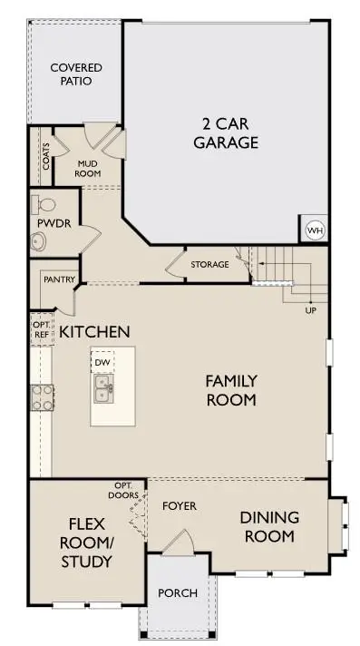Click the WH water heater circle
pyautogui.click(x=315, y=230)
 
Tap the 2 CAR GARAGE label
pyautogui.click(x=230, y=133)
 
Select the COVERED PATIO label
pyautogui.click(x=75, y=74)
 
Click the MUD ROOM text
pyautogui.click(x=87, y=168)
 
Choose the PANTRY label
pyautogui.click(x=59, y=279)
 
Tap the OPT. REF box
pyautogui.click(x=42, y=328)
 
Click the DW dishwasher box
pyautogui.click(x=102, y=363)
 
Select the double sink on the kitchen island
pyautogui.click(x=104, y=391)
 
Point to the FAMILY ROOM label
pyautogui.click(x=230, y=390)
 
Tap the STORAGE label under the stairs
pyautogui.click(x=209, y=265)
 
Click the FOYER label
pyautogui.click(x=179, y=505)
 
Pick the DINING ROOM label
pyautogui.click(x=268, y=526)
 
